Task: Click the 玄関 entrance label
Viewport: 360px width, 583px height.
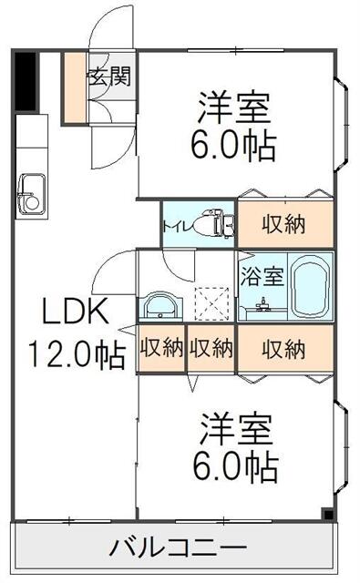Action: point(108,76)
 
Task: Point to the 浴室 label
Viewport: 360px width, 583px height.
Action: point(262,272)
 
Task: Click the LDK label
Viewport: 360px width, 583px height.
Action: point(77,312)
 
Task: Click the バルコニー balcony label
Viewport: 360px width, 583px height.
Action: point(179,549)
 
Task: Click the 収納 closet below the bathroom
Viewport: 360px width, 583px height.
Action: point(283,348)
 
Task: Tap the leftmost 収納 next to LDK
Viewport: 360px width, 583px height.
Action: point(161,348)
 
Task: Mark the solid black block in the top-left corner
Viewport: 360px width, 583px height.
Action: point(26,84)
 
